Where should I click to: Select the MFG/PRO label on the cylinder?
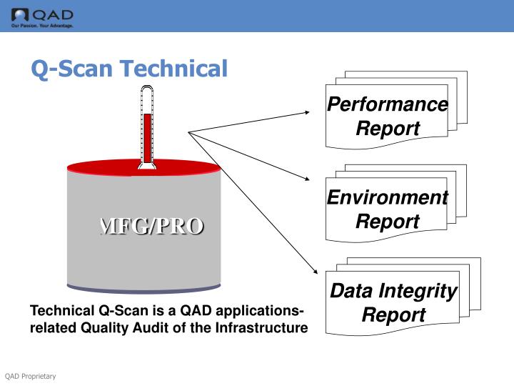coord(151,226)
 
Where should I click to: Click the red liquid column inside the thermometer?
coord(148,136)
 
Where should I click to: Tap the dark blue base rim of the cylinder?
coord(143,289)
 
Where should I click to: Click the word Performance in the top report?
coord(388,104)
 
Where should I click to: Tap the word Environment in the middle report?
coord(388,197)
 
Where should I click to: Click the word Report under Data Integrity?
coord(393,315)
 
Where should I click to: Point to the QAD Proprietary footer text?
coord(30,377)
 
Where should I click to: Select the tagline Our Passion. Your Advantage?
coord(42,26)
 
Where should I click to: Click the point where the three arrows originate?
coord(188,132)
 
